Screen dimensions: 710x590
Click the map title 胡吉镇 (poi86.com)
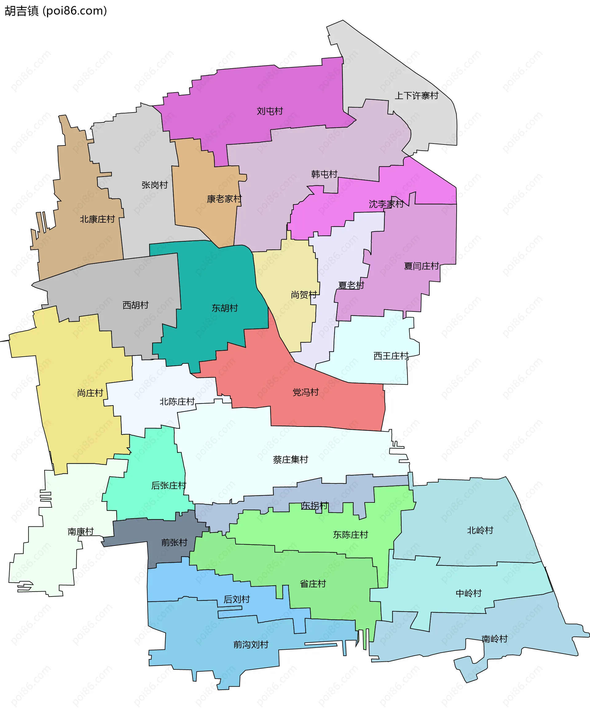tap(56, 11)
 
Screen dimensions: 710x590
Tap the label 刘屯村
tap(270, 111)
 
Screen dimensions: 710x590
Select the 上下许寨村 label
tap(416, 96)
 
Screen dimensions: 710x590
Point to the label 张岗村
tap(155, 185)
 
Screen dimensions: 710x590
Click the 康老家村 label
tap(224, 199)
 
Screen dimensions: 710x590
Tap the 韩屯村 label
tap(324, 174)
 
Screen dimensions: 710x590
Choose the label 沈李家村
tap(386, 204)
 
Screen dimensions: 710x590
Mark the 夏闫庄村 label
tap(421, 266)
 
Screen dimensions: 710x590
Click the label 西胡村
tap(136, 305)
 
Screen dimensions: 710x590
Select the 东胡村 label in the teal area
tap(225, 308)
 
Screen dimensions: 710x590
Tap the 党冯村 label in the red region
tap(305, 392)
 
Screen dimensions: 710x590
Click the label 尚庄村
tap(90, 393)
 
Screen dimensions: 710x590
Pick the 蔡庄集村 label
tap(290, 459)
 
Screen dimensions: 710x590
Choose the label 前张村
tap(174, 542)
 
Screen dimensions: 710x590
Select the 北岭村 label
tap(480, 530)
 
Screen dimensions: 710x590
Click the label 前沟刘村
tap(251, 645)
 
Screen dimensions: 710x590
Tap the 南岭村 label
tap(494, 639)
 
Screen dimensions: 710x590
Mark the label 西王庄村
tap(391, 356)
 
